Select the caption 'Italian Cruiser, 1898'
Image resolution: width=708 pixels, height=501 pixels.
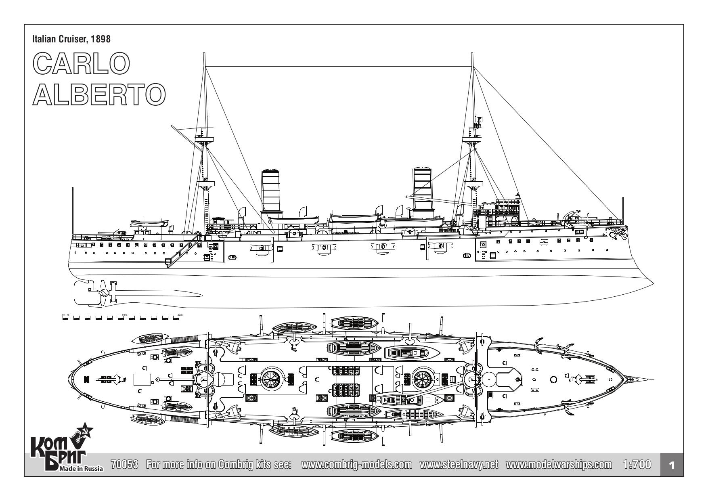tap(71, 39)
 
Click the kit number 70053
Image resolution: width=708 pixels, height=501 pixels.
tap(124, 464)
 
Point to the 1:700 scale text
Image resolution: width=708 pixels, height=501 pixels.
tap(637, 464)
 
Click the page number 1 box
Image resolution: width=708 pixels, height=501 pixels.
tap(671, 465)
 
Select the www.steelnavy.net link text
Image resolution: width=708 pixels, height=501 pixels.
tap(459, 464)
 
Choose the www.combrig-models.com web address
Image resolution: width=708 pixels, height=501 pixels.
tap(356, 464)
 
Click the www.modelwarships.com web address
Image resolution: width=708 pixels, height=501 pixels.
tap(558, 464)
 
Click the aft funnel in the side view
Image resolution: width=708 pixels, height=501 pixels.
tap(271, 190)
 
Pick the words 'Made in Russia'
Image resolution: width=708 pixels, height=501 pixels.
tap(81, 469)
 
